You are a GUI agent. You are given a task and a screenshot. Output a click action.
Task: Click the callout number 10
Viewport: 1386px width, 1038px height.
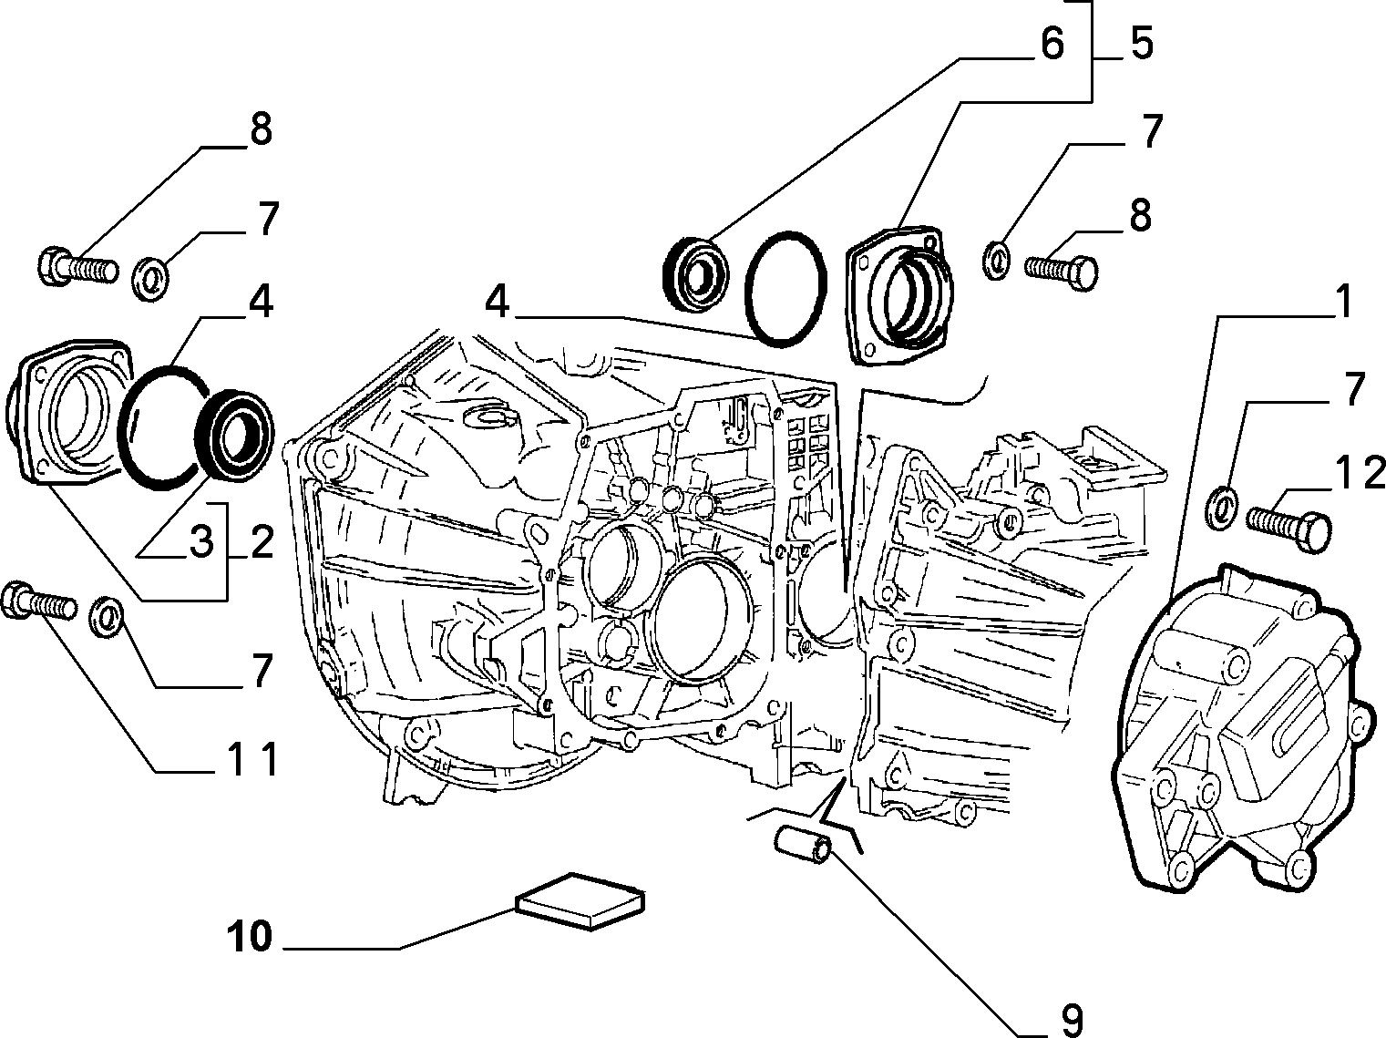pos(250,936)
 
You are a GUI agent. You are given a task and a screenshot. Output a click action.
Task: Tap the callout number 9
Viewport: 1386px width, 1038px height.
pos(1072,1020)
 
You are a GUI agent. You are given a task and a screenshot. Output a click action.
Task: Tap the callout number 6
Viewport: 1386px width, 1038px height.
pos(1052,43)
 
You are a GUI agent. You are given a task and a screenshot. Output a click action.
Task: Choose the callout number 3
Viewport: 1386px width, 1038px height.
pos(201,541)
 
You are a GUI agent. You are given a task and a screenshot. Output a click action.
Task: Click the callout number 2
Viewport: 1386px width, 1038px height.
pos(261,541)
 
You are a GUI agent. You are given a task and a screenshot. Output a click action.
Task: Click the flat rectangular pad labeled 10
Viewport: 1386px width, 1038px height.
pos(580,901)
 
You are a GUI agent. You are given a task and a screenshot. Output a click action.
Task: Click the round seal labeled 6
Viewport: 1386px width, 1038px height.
pos(695,273)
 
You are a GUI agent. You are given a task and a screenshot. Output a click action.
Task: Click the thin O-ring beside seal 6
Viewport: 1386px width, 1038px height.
pos(785,289)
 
